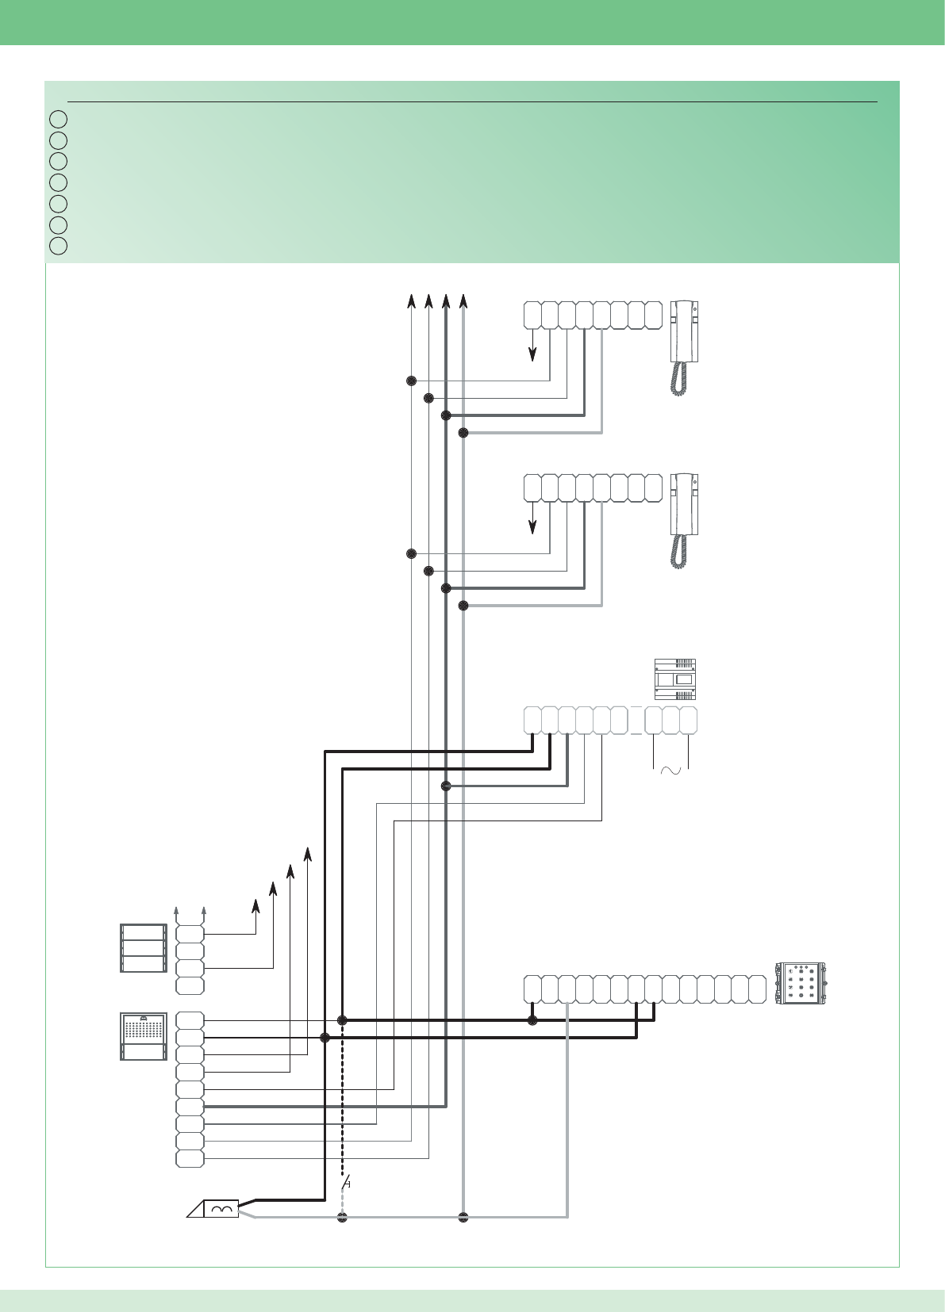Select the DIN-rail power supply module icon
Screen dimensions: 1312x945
pos(674,679)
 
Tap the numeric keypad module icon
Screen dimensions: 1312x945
pos(801,984)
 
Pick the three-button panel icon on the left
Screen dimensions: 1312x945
pos(144,948)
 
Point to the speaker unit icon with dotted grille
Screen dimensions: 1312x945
pos(144,1035)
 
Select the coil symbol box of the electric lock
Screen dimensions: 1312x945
pos(221,1209)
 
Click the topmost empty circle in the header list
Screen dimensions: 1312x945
pos(58,120)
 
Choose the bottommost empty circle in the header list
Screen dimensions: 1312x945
pos(58,246)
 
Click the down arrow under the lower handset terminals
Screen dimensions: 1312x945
pos(532,523)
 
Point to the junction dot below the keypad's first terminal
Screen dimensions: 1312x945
pos(532,1020)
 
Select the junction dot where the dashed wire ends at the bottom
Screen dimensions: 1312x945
pos(343,1217)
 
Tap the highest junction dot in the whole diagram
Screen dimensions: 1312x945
pos(411,381)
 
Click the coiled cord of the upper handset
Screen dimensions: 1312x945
pos(679,379)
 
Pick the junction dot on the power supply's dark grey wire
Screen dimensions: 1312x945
pos(446,786)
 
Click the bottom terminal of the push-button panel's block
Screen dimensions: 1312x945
pos(190,985)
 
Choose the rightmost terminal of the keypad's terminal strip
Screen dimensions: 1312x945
pos(757,989)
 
